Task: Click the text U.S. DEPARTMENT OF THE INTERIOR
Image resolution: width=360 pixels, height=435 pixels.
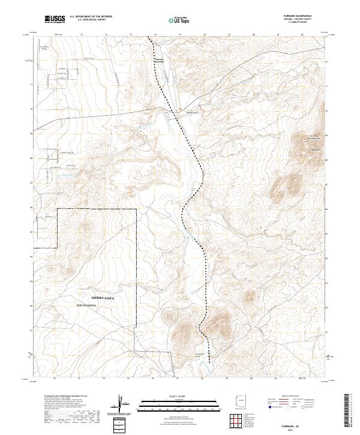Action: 91,17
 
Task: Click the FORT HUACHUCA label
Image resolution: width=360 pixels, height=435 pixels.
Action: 89,305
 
